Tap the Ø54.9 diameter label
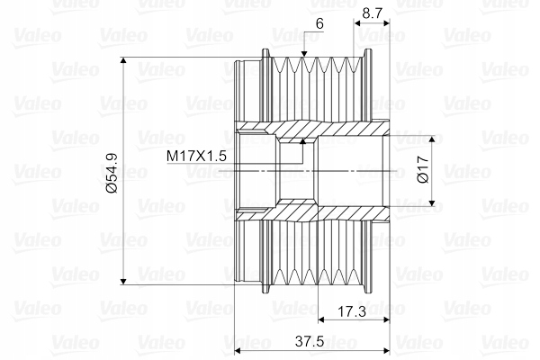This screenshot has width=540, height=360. point(112,172)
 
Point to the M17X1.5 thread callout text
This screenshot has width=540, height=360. point(197,156)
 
